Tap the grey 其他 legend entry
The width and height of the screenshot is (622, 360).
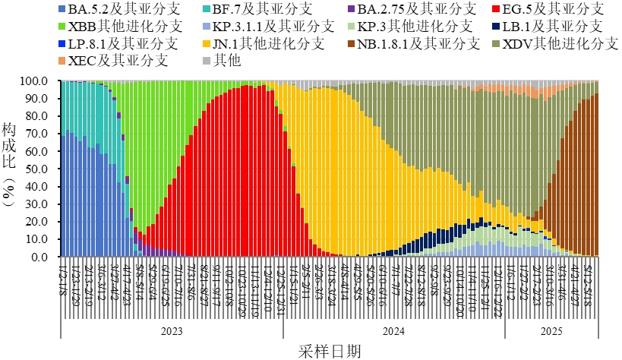point(228,59)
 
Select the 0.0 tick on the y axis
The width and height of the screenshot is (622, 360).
point(44,257)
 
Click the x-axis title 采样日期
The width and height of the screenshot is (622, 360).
point(328,350)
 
